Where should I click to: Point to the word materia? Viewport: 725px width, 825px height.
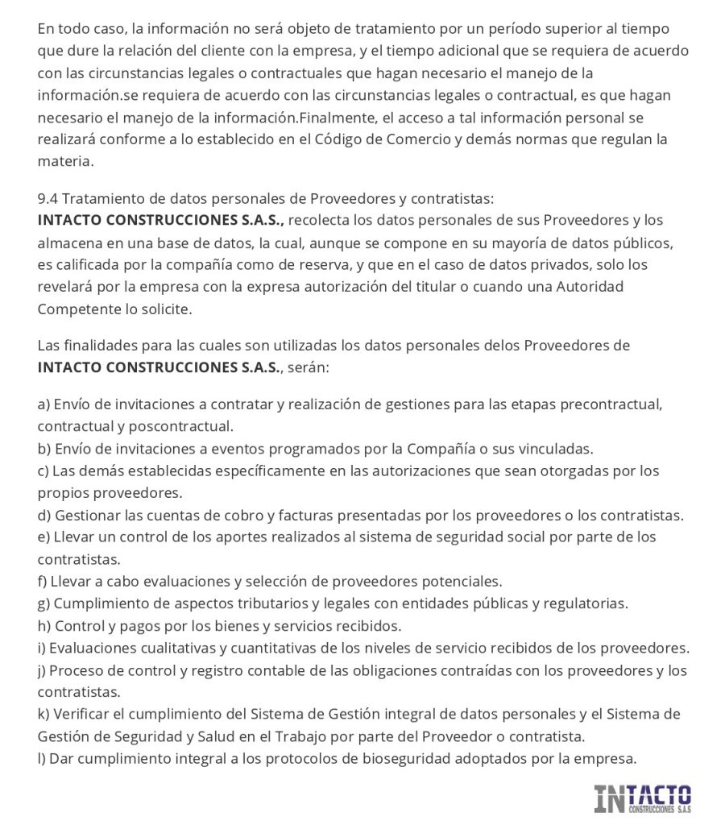coord(64,161)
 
